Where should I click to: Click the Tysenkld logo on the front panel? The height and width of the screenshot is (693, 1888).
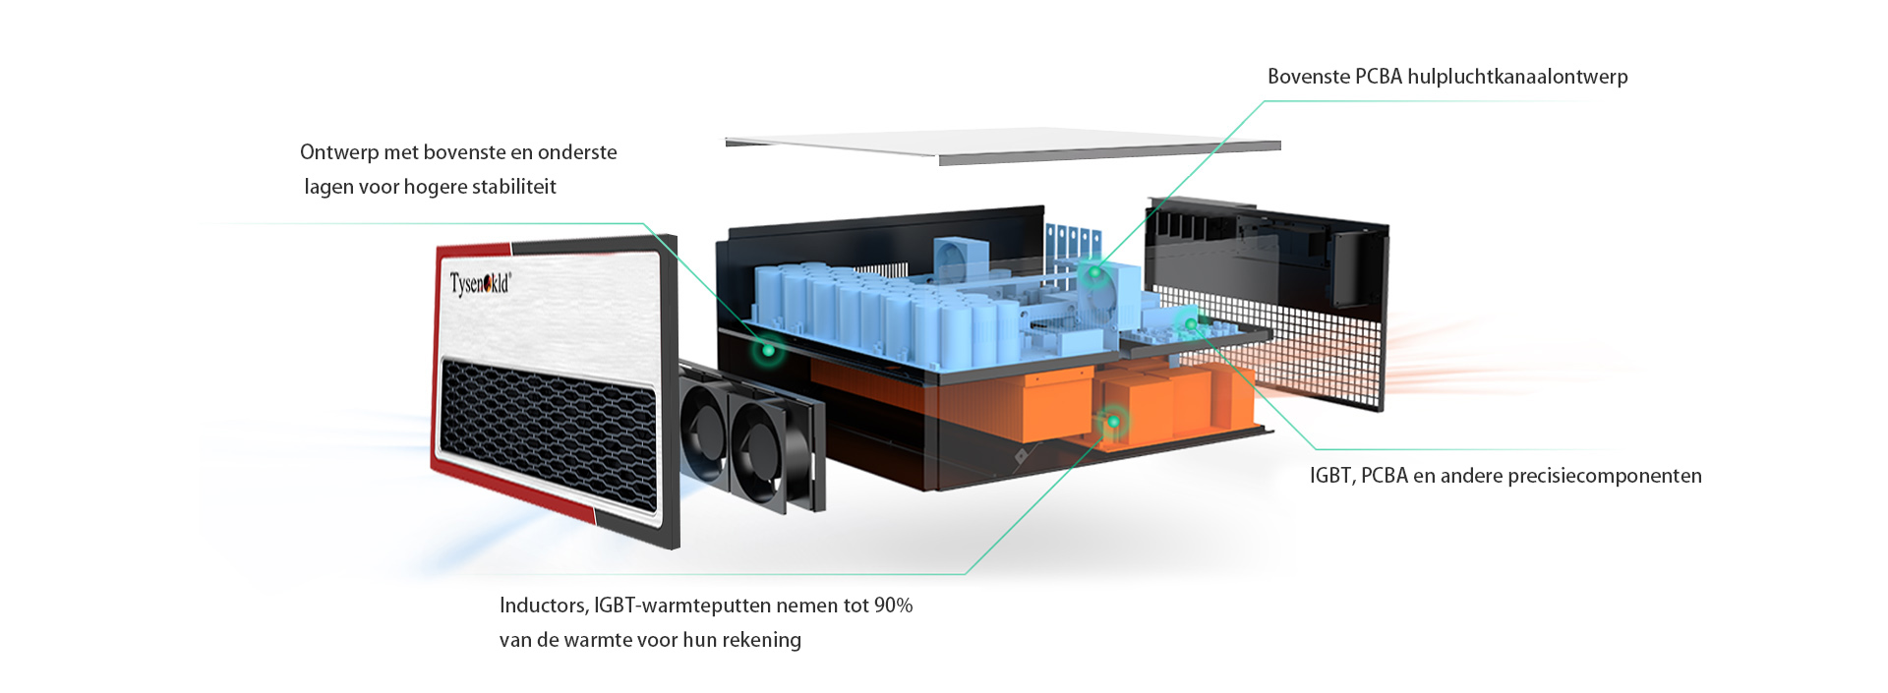(480, 284)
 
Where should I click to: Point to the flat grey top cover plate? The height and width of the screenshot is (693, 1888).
(1003, 145)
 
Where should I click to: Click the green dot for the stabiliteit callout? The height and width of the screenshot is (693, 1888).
(767, 348)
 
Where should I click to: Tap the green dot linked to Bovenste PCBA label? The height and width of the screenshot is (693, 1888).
(1093, 272)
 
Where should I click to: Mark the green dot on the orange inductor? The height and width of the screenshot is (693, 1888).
(1113, 422)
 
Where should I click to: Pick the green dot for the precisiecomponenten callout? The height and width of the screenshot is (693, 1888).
(1191, 323)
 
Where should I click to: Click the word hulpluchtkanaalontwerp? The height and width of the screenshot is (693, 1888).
(1517, 77)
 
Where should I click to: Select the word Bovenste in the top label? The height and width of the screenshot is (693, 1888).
(1308, 77)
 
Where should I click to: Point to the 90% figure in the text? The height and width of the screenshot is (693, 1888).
(893, 606)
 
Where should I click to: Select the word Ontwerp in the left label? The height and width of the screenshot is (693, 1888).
(339, 152)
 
